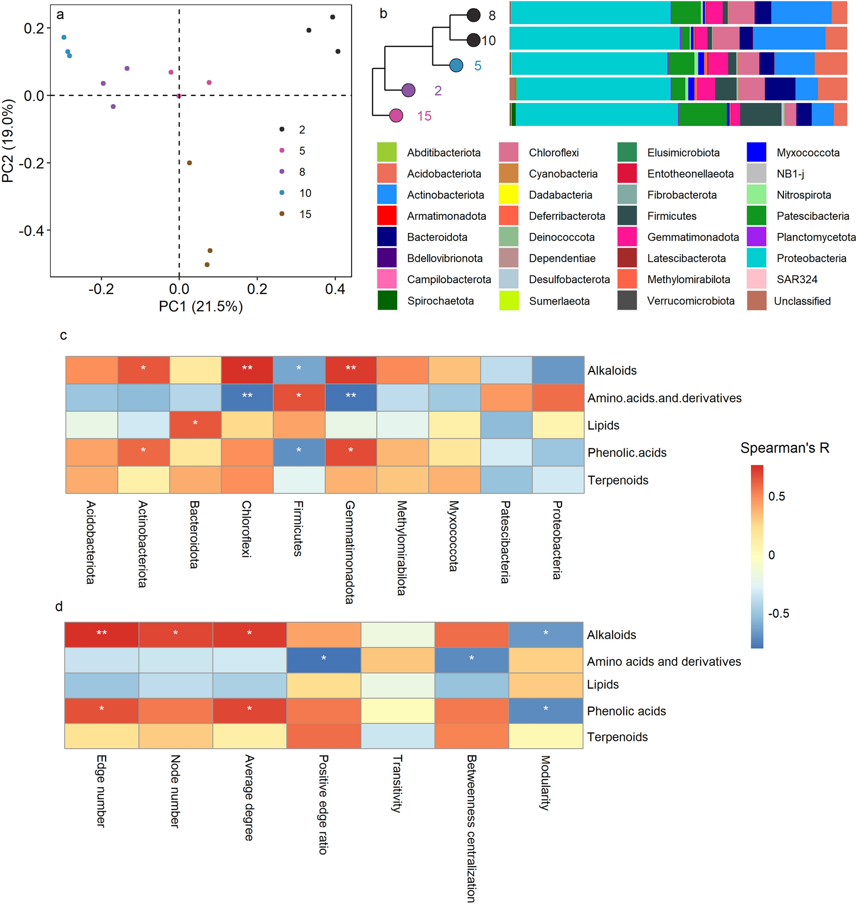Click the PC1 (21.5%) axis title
(x=200, y=306)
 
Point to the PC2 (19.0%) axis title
(x=8, y=141)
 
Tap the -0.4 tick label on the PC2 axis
(x=31, y=230)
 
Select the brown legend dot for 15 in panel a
(x=282, y=214)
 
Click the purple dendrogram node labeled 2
(x=408, y=90)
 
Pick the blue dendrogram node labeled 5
(x=456, y=65)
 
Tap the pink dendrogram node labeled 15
(x=396, y=116)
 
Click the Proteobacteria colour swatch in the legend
(x=756, y=258)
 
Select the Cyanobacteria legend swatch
(x=508, y=174)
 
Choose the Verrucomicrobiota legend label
(x=690, y=301)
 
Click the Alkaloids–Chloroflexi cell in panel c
(x=247, y=370)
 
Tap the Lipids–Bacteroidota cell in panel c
(x=195, y=425)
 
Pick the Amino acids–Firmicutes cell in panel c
(x=299, y=398)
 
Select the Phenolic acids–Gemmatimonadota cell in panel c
(x=351, y=452)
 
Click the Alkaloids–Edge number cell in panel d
(x=102, y=635)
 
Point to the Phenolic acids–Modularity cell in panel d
(x=546, y=710)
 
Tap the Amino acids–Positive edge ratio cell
(x=323, y=660)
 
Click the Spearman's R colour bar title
(x=784, y=448)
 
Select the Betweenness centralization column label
(x=471, y=828)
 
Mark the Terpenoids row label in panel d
(x=617, y=737)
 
